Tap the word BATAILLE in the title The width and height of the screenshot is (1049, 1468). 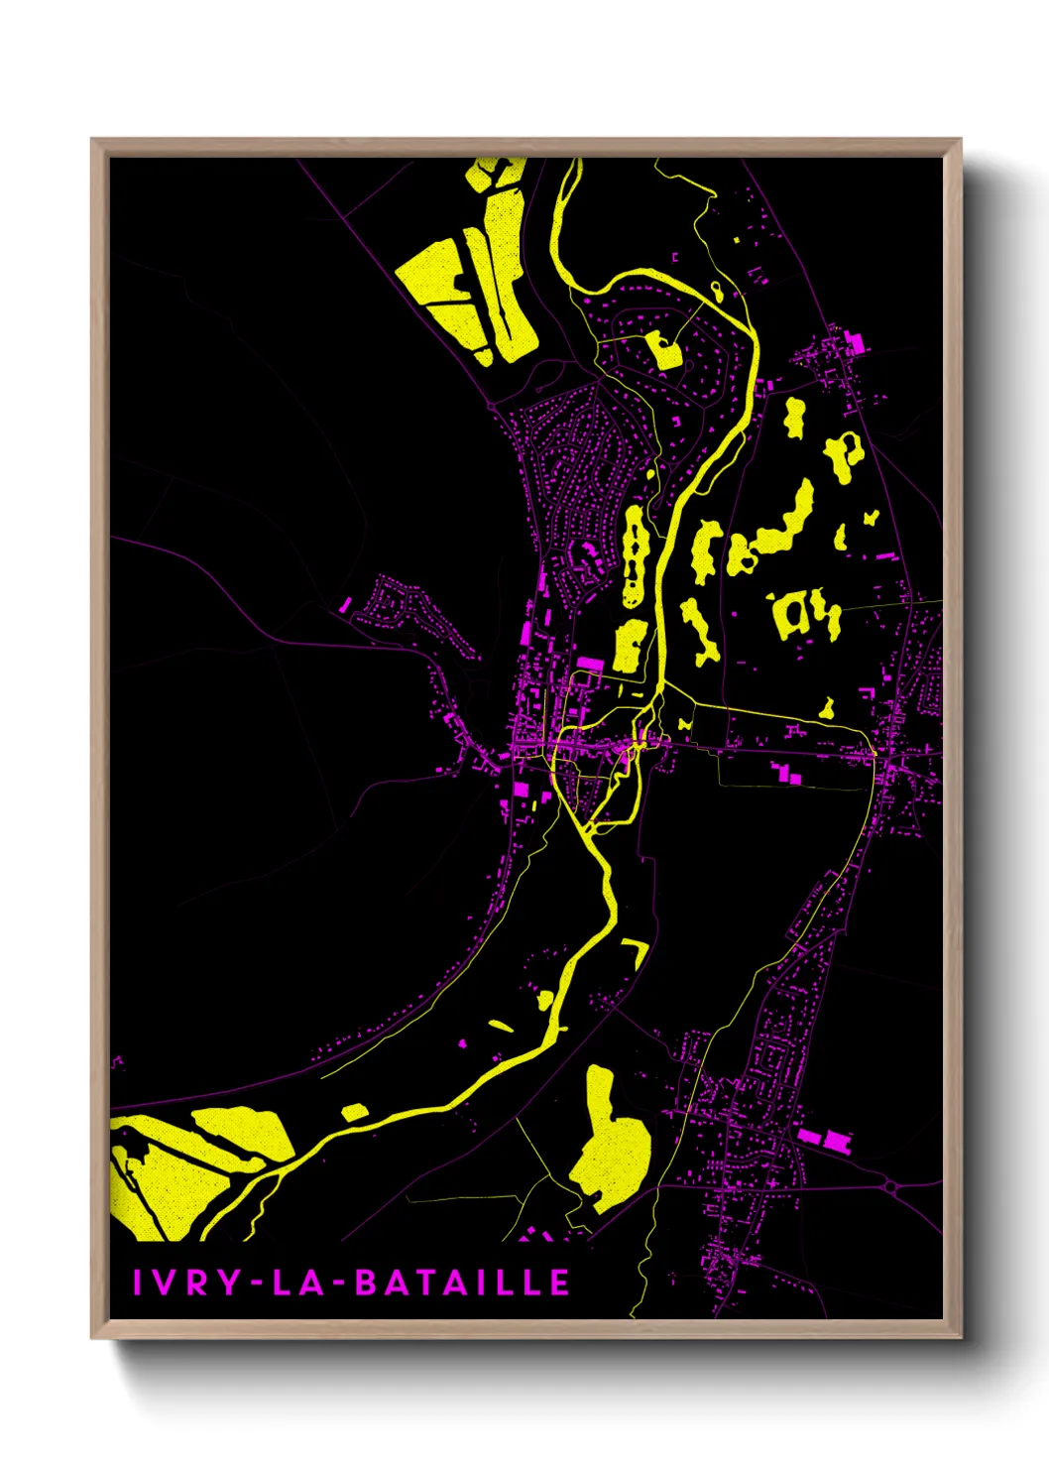click(x=462, y=1283)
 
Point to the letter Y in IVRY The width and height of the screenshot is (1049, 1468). click(x=228, y=1283)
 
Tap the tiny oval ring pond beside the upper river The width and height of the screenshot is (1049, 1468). click(x=717, y=292)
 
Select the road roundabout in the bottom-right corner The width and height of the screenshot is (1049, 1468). click(x=889, y=1186)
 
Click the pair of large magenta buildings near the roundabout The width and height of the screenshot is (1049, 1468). click(x=825, y=1139)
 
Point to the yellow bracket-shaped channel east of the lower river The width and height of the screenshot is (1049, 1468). click(x=635, y=951)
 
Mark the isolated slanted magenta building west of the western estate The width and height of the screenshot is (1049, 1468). click(x=346, y=602)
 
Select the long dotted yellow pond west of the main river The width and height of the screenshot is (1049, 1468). click(x=632, y=555)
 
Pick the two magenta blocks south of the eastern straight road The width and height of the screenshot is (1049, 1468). click(x=786, y=774)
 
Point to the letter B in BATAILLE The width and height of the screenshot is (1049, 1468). click(x=366, y=1283)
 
